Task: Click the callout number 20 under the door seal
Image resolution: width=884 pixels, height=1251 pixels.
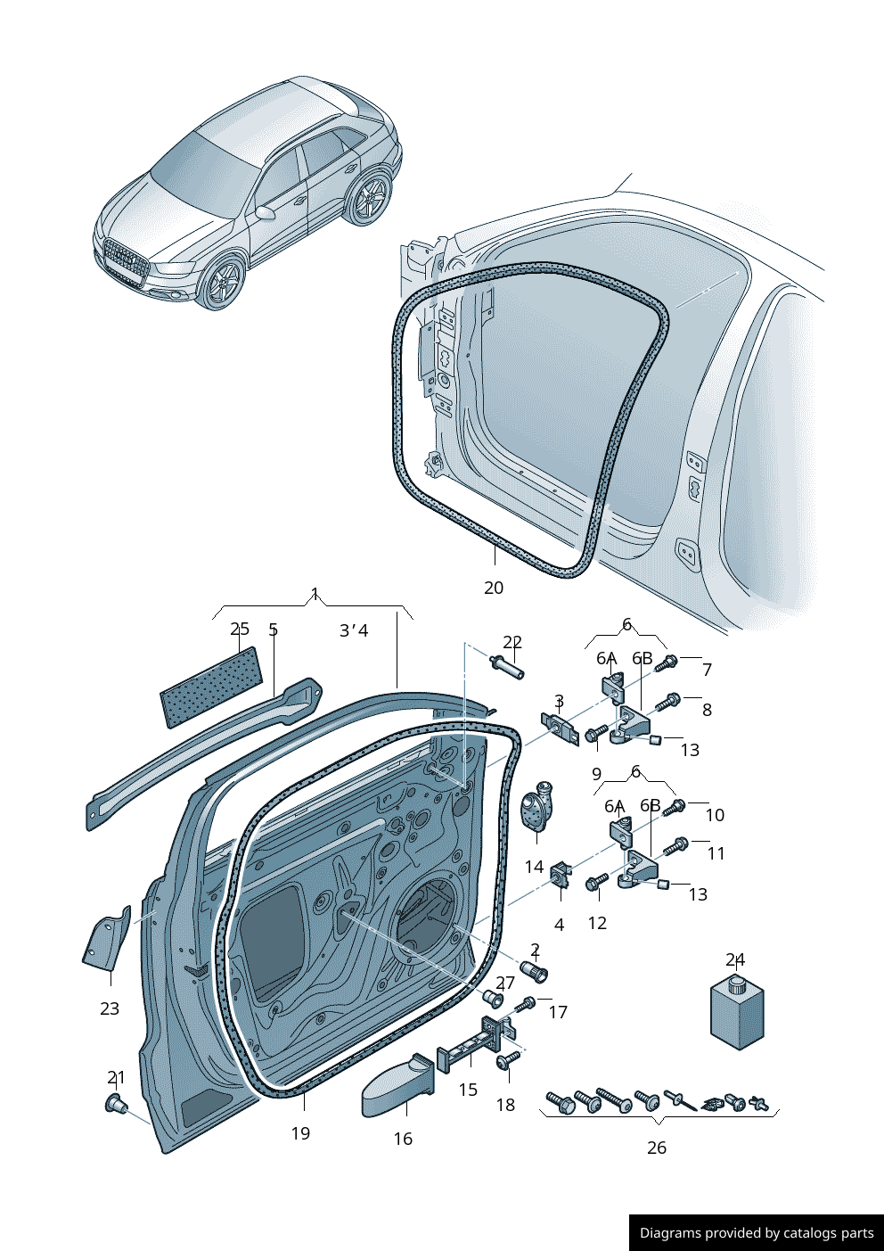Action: coord(494,588)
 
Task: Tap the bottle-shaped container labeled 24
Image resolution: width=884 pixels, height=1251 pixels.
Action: coord(737,1015)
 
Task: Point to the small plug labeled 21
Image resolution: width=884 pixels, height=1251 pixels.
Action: coord(115,1104)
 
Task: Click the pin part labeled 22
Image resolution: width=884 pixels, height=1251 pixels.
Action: coord(507,666)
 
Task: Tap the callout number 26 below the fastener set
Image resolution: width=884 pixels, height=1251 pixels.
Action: coord(657,1148)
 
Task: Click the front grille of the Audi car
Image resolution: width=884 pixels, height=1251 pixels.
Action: coord(125,259)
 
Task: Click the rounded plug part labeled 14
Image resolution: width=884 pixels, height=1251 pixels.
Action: coord(536,808)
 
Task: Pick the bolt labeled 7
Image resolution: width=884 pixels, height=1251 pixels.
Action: coord(667,663)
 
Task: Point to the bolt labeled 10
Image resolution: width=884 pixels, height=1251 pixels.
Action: coord(675,807)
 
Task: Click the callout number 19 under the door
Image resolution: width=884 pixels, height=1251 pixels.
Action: coord(300,1133)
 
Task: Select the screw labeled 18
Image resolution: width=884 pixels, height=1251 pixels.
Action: coord(509,1060)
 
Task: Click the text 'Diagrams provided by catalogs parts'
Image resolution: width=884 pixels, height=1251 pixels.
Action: coord(757,1233)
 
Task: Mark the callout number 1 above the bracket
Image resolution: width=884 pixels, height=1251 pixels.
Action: coord(315,594)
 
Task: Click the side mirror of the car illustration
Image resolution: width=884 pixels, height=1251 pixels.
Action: coord(265,213)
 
